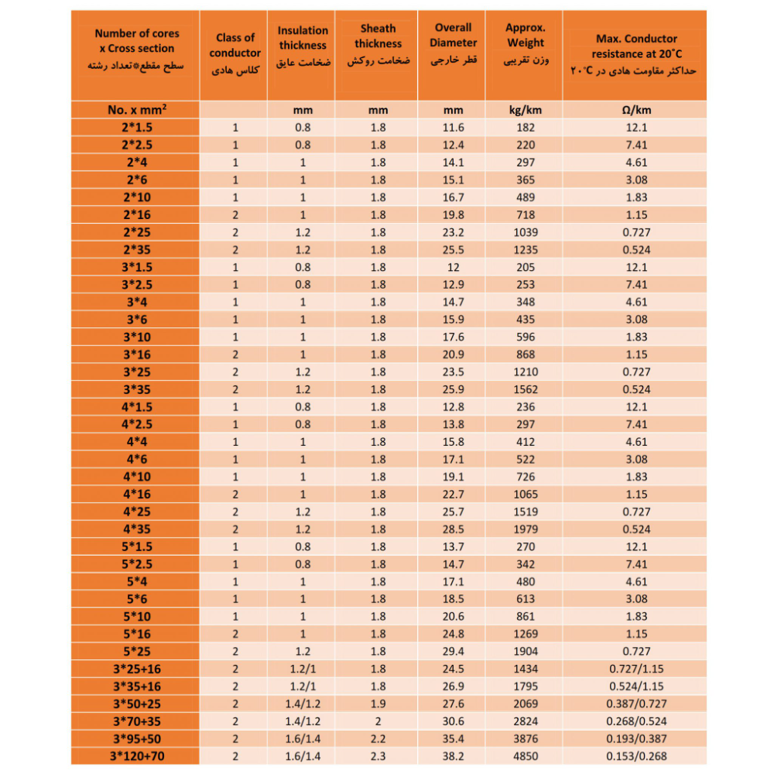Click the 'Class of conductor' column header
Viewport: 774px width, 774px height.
pos(235,53)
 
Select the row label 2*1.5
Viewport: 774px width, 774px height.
pos(137,128)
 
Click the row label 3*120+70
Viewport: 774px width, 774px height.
pos(137,756)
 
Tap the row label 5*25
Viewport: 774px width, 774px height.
pos(137,651)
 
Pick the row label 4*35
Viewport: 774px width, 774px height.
pos(137,529)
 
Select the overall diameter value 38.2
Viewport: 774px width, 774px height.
pos(453,756)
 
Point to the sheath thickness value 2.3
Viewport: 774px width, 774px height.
pos(378,756)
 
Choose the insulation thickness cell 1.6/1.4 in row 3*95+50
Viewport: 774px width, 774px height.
pos(303,738)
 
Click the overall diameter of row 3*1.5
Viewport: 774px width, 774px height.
pos(453,267)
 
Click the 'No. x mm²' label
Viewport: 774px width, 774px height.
pos(137,110)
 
